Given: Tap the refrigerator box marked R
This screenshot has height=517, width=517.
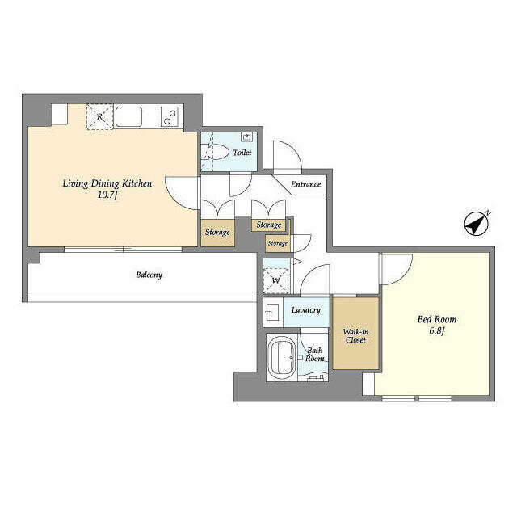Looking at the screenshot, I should (99, 116).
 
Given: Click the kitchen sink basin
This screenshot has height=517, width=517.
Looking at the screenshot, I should (129, 117).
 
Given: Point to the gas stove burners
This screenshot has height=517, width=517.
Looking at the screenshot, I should (170, 116).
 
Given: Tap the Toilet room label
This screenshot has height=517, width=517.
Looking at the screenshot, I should (242, 153).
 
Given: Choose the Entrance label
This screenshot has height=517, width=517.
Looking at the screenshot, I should (306, 184).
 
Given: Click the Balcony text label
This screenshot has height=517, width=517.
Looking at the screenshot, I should (149, 275).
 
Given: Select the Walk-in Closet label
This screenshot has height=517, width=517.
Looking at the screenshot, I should (355, 335).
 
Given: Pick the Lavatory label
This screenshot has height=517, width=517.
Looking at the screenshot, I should (306, 310).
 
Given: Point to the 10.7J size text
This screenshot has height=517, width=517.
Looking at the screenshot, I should (107, 195).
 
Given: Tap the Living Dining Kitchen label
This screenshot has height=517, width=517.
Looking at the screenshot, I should (107, 183).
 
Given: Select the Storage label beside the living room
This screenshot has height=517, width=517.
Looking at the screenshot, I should (217, 233).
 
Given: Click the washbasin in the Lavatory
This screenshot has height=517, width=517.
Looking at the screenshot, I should (271, 311).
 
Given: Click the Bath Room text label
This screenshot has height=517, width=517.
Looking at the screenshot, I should (314, 354).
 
